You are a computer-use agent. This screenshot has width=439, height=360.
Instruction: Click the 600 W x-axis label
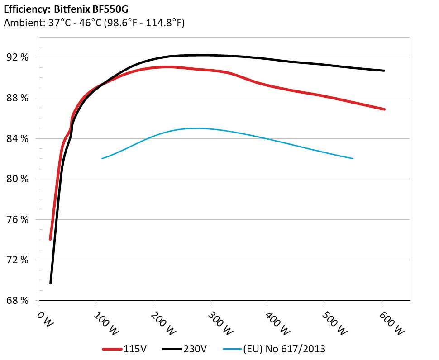pyautogui.click(x=391, y=322)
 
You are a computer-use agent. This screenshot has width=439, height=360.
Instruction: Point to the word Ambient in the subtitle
pyautogui.click(x=21, y=23)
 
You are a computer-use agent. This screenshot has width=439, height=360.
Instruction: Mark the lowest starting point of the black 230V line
pyautogui.click(x=51, y=283)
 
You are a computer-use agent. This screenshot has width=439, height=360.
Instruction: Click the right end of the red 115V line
pyautogui.click(x=384, y=109)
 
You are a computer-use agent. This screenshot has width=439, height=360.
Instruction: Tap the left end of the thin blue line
pyautogui.click(x=102, y=158)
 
